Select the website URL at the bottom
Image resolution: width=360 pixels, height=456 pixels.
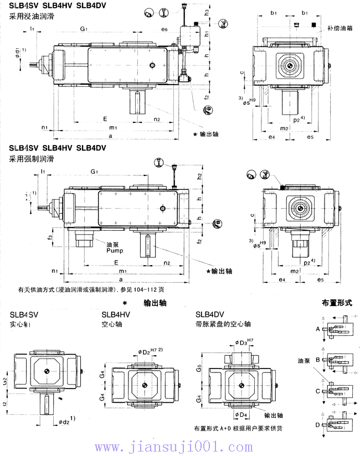point(180,446)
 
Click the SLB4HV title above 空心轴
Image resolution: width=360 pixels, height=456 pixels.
point(116,314)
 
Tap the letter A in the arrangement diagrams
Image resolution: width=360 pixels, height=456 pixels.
point(317,329)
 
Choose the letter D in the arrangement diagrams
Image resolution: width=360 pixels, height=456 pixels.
point(317,424)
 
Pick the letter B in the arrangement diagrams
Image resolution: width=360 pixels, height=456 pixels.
point(317,359)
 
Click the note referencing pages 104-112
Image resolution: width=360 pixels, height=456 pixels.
point(91,289)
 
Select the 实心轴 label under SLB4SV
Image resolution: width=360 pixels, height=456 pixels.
point(21,324)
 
